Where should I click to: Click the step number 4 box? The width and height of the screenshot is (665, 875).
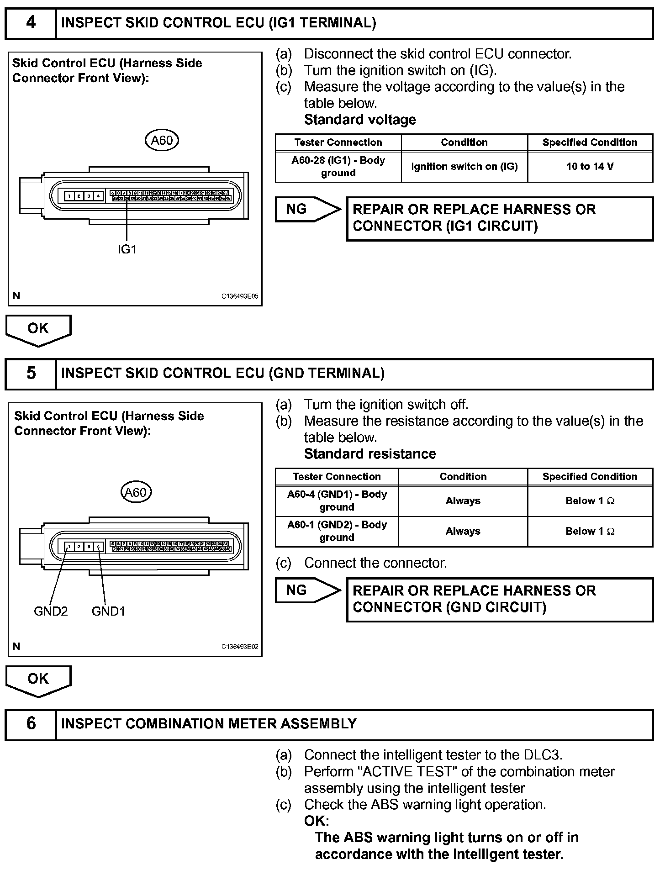click(31, 23)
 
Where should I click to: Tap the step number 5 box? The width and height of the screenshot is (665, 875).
click(31, 373)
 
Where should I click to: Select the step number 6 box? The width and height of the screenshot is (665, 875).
click(31, 723)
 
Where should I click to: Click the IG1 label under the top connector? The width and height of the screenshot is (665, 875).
click(127, 249)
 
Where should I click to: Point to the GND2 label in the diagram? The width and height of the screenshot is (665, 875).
click(51, 611)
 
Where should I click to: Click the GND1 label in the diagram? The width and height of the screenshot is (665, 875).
click(108, 611)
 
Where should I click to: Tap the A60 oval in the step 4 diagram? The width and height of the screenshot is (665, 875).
click(162, 140)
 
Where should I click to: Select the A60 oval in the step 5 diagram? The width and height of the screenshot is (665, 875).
click(136, 492)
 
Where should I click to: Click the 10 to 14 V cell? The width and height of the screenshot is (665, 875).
click(590, 167)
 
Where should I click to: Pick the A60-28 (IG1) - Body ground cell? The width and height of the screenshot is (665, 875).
click(338, 167)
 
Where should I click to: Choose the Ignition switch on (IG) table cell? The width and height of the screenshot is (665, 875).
click(464, 167)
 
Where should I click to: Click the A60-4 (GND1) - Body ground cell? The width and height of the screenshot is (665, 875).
click(337, 501)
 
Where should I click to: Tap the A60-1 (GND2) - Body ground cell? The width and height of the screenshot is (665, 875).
click(337, 531)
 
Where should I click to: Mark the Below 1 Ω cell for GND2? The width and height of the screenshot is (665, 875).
click(590, 531)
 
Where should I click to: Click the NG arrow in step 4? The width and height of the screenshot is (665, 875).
click(307, 210)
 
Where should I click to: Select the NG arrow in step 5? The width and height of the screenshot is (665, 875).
click(307, 590)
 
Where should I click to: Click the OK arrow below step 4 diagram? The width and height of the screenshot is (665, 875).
click(38, 329)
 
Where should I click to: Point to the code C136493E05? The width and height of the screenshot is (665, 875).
click(240, 296)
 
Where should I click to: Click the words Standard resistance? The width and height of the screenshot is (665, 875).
click(370, 454)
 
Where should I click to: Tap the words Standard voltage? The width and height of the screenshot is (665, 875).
click(360, 120)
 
